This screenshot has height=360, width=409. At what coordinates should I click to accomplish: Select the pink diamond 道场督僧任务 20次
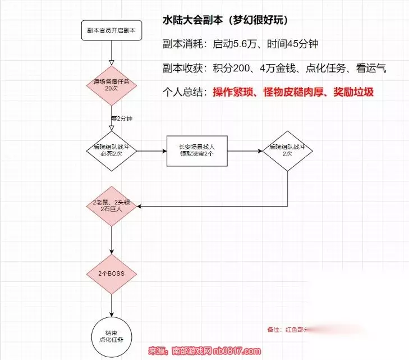111,85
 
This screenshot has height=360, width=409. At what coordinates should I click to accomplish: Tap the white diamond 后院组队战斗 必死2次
111,151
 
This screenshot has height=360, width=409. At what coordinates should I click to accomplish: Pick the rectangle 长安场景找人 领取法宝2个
197,151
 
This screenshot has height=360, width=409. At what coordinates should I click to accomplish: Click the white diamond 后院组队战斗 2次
288,150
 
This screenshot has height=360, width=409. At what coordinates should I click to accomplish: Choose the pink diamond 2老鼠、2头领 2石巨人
112,206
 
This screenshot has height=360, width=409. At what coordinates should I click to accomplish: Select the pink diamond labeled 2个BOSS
112,275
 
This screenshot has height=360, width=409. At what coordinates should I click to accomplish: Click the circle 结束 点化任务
112,335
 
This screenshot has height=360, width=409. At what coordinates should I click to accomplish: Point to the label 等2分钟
122,119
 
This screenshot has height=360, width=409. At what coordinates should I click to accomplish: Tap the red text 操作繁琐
232,92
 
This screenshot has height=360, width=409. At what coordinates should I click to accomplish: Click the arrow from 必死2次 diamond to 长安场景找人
151,151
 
